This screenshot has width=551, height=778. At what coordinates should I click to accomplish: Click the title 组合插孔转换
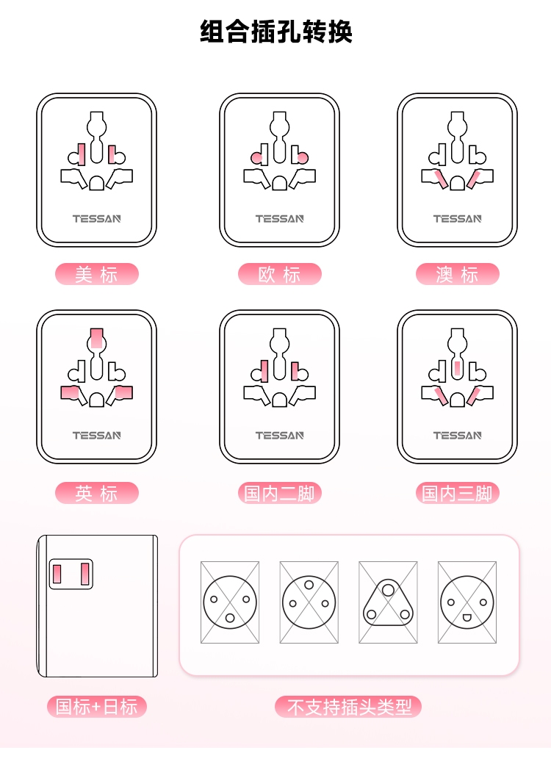pyautogui.click(x=276, y=32)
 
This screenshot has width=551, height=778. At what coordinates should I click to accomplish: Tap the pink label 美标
pyautogui.click(x=97, y=274)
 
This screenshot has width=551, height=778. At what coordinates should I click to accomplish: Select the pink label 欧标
pyautogui.click(x=279, y=274)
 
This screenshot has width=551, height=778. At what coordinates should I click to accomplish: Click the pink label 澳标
pyautogui.click(x=457, y=274)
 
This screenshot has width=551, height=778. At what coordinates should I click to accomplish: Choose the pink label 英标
pyautogui.click(x=97, y=493)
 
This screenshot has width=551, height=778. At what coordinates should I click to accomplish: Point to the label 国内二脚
pyautogui.click(x=279, y=493)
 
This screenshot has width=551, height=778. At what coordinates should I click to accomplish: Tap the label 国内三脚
pyautogui.click(x=457, y=493)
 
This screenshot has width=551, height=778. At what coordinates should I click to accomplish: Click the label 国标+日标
pyautogui.click(x=97, y=707)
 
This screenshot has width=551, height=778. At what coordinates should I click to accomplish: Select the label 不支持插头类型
pyautogui.click(x=348, y=707)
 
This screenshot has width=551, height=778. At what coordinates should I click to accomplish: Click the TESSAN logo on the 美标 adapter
pyautogui.click(x=97, y=219)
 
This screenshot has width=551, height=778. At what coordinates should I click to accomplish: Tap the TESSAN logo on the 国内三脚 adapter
pyautogui.click(x=457, y=436)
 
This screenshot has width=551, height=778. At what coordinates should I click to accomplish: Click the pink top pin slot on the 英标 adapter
pyautogui.click(x=97, y=339)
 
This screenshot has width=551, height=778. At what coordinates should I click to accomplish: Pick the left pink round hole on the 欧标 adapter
pyautogui.click(x=257, y=158)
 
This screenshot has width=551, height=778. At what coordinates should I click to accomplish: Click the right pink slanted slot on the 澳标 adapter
pyautogui.click(x=474, y=179)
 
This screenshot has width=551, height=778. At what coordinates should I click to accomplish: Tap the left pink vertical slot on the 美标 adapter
pyautogui.click(x=82, y=154)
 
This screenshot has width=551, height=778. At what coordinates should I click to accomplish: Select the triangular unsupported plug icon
pyautogui.click(x=388, y=602)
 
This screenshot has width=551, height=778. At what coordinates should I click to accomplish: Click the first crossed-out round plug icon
pyautogui.click(x=230, y=602)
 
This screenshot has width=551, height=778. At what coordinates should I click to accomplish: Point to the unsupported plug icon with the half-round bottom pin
pyautogui.click(x=467, y=602)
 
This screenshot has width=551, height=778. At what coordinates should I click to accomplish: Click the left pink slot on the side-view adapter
pyautogui.click(x=57, y=574)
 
